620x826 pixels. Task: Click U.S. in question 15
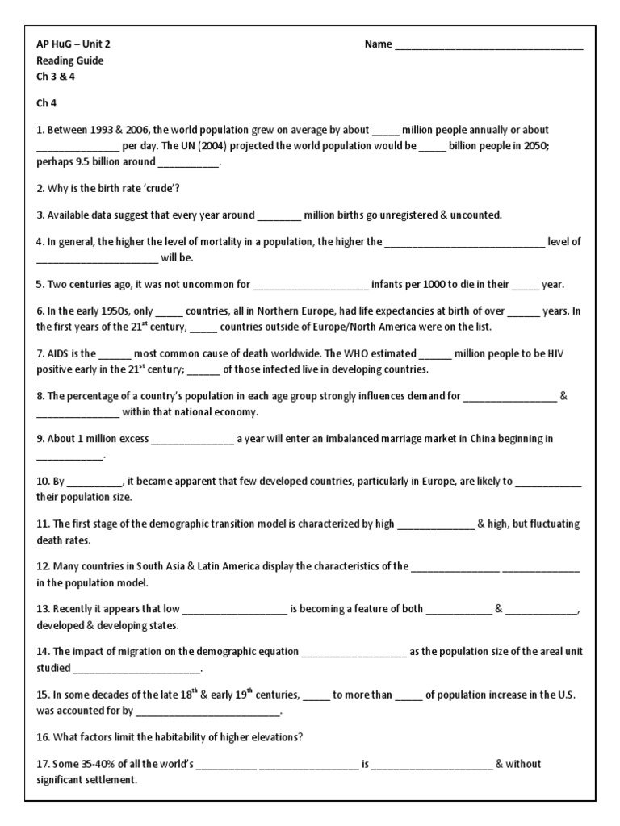[x=565, y=695]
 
